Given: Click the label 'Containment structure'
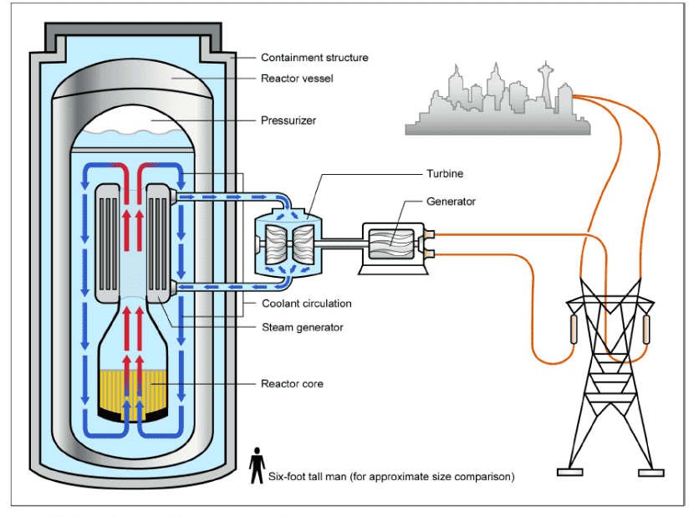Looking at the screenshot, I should [314, 58].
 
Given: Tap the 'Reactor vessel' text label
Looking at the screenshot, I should [298, 78].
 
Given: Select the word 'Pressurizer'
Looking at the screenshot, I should [288, 120].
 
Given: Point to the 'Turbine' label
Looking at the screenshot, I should [444, 174].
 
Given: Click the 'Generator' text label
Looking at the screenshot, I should [451, 202].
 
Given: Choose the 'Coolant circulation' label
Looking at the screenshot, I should [306, 304].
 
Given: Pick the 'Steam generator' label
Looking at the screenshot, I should [301, 327].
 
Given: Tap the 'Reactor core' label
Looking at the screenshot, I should [292, 384].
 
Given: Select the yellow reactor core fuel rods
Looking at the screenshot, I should [134, 390].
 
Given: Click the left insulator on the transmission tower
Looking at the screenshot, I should [574, 330].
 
